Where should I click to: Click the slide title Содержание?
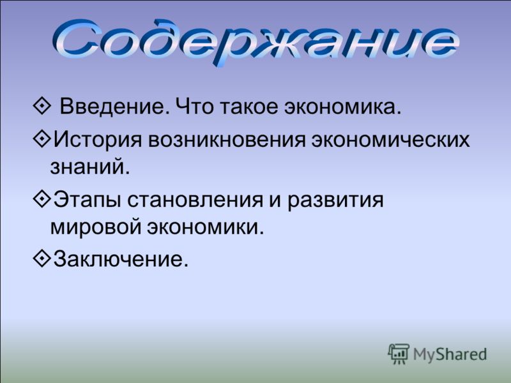click(x=256, y=41)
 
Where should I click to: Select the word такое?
click(x=248, y=107)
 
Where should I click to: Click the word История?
click(x=98, y=139)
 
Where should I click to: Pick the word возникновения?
click(x=227, y=140)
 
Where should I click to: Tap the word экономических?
click(x=390, y=140)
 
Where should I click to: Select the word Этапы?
click(x=87, y=200)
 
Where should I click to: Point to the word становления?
click(x=195, y=200)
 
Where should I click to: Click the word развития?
click(x=335, y=200)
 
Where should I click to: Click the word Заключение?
click(x=121, y=259)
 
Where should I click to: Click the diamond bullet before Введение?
click(x=42, y=106)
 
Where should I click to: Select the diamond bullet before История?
click(x=42, y=139)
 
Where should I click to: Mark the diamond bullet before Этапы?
click(x=42, y=199)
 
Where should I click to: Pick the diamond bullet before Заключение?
click(x=42, y=259)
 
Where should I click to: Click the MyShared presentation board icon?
click(x=399, y=354)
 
